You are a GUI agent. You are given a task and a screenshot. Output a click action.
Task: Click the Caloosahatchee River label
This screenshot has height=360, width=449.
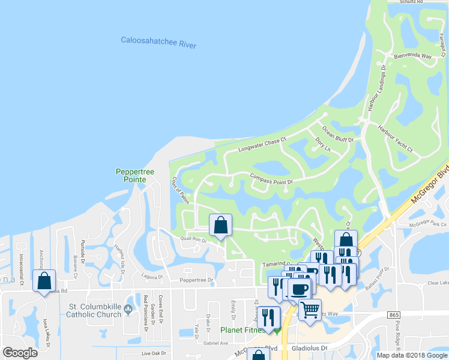pyautogui.click(x=158, y=43)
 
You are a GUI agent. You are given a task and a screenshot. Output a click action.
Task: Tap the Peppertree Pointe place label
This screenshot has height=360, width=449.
pyautogui.click(x=135, y=176)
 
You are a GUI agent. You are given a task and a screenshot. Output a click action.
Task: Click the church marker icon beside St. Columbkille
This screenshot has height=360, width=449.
pyautogui.click(x=128, y=301)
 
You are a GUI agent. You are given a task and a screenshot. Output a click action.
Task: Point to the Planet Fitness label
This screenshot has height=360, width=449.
pyautogui.click(x=243, y=329)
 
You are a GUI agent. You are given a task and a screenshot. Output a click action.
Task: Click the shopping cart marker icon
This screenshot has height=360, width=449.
pyautogui.click(x=310, y=310)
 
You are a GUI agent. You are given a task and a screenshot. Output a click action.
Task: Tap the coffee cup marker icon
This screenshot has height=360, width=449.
pyautogui.click(x=300, y=289)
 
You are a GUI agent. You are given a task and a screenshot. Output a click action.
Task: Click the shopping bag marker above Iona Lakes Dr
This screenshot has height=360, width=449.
pyautogui.click(x=44, y=280)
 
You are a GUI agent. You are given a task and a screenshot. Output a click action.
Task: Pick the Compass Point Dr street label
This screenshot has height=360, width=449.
pyautogui.click(x=271, y=179)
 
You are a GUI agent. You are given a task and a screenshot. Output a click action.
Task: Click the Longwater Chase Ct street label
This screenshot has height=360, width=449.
pyautogui.click(x=262, y=144)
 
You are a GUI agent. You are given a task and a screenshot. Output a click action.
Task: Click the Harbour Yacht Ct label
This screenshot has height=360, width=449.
pyautogui.click(x=395, y=138)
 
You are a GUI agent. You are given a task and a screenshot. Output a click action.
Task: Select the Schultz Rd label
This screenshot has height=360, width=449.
pyautogui.click(x=413, y=2)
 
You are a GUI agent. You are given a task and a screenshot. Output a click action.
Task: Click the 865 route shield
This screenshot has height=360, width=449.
pyautogui.click(x=394, y=314)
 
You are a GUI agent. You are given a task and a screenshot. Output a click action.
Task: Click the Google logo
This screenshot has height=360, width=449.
pyautogui.click(x=20, y=353)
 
